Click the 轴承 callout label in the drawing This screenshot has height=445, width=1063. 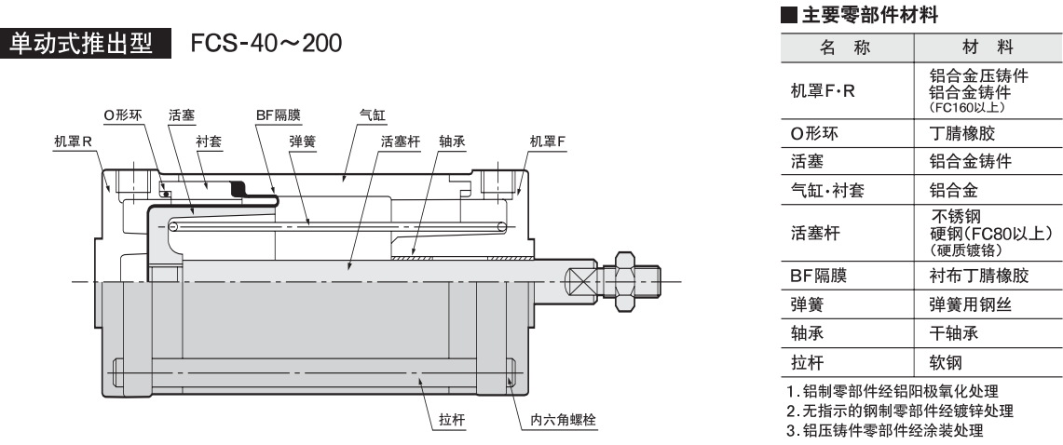pos(452,142)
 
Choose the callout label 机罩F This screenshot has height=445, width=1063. pos(547,142)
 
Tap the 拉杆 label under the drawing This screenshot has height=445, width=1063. pos(452,421)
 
